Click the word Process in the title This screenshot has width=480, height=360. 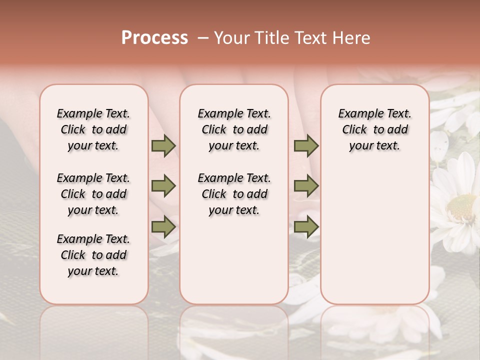tap(154, 38)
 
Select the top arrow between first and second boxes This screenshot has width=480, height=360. tap(163, 146)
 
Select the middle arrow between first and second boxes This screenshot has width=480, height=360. tap(163, 186)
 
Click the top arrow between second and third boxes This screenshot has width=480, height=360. tap(306, 146)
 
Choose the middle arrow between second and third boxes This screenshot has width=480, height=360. tap(306, 186)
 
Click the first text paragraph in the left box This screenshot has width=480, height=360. tap(93, 129)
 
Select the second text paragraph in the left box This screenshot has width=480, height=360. tap(93, 194)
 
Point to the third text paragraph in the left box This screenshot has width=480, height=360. tap(93, 255)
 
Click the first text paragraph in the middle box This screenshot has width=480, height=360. tap(234, 129)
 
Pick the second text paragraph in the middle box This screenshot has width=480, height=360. tap(234, 194)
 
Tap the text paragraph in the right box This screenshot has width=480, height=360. tap(374, 129)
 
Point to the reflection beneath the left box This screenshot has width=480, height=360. tap(93, 330)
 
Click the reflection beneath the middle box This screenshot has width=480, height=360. tap(234, 330)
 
